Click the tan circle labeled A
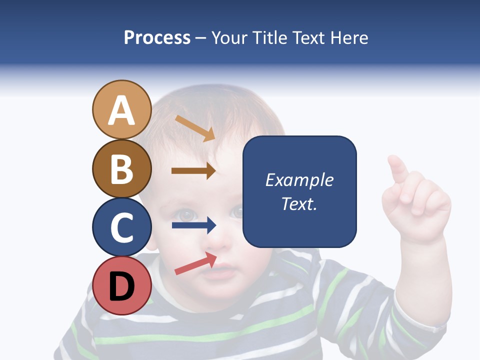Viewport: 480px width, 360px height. coord(121,109)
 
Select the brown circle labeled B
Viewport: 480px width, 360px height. coord(121,168)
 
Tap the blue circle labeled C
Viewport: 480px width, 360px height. coord(121,227)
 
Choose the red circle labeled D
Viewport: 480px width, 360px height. coord(121,285)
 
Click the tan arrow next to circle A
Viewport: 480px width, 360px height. coord(194,127)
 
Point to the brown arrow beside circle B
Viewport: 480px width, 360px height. coord(193,171)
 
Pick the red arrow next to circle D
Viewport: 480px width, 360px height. coord(195,263)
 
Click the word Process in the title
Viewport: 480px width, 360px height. coord(157,38)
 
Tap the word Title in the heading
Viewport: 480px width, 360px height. coord(269,38)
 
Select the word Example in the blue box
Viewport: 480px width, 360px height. coord(299,180)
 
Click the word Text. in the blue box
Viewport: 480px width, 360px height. coord(299,203)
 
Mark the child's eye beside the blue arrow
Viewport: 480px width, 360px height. coord(187,215)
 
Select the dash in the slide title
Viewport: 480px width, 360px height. coord(200,38)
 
